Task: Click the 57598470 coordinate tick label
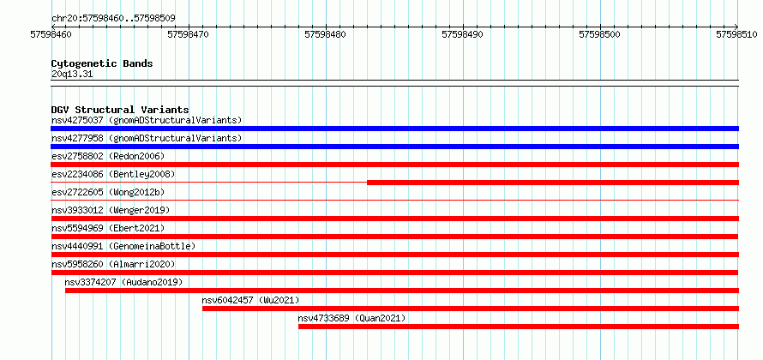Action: click(x=189, y=34)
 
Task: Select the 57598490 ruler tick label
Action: click(x=463, y=34)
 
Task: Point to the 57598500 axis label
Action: click(x=600, y=34)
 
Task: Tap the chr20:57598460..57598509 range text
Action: click(x=113, y=19)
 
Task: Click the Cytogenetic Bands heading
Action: click(x=102, y=63)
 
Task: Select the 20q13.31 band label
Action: click(x=72, y=75)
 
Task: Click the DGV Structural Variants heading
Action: click(x=120, y=110)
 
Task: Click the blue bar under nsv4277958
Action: click(x=394, y=147)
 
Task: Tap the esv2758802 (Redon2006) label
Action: click(x=108, y=156)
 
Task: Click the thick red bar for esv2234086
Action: click(x=553, y=183)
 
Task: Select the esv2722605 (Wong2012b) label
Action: click(x=108, y=192)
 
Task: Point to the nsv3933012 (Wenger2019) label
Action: click(x=111, y=210)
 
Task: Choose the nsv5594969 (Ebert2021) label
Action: click(x=108, y=228)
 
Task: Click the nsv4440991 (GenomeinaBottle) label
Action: click(x=123, y=246)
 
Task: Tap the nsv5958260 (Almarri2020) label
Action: click(x=113, y=264)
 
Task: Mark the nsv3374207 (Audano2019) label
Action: click(x=123, y=282)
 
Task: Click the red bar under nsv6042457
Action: click(x=471, y=309)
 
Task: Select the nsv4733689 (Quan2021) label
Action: click(x=351, y=318)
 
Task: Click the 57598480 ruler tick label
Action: click(x=326, y=34)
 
